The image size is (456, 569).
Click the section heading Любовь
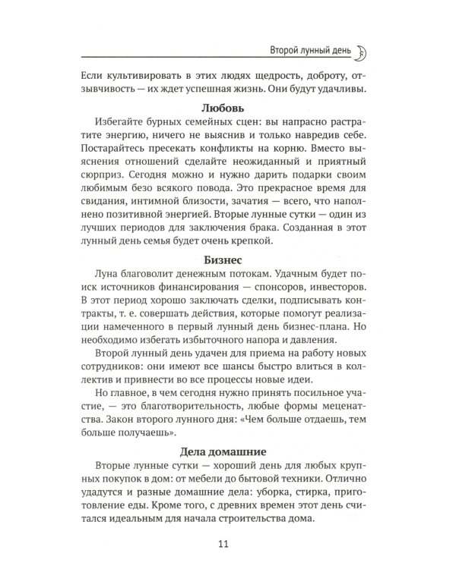pos(227,108)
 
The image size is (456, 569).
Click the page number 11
pos(227,542)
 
